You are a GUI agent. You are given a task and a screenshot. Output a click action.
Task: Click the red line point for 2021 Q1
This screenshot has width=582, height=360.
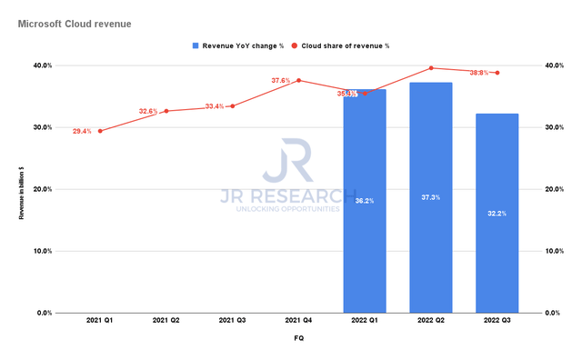coord(100,131)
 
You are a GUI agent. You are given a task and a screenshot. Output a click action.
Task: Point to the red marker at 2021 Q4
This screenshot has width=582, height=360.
coord(298,80)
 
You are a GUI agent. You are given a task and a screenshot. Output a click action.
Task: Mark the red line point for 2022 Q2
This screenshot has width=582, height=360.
coord(431,68)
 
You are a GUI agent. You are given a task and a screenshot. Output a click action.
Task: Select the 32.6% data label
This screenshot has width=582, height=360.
coord(148,111)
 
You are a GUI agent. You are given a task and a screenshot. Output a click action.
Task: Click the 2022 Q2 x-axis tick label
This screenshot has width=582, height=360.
coord(431,320)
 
